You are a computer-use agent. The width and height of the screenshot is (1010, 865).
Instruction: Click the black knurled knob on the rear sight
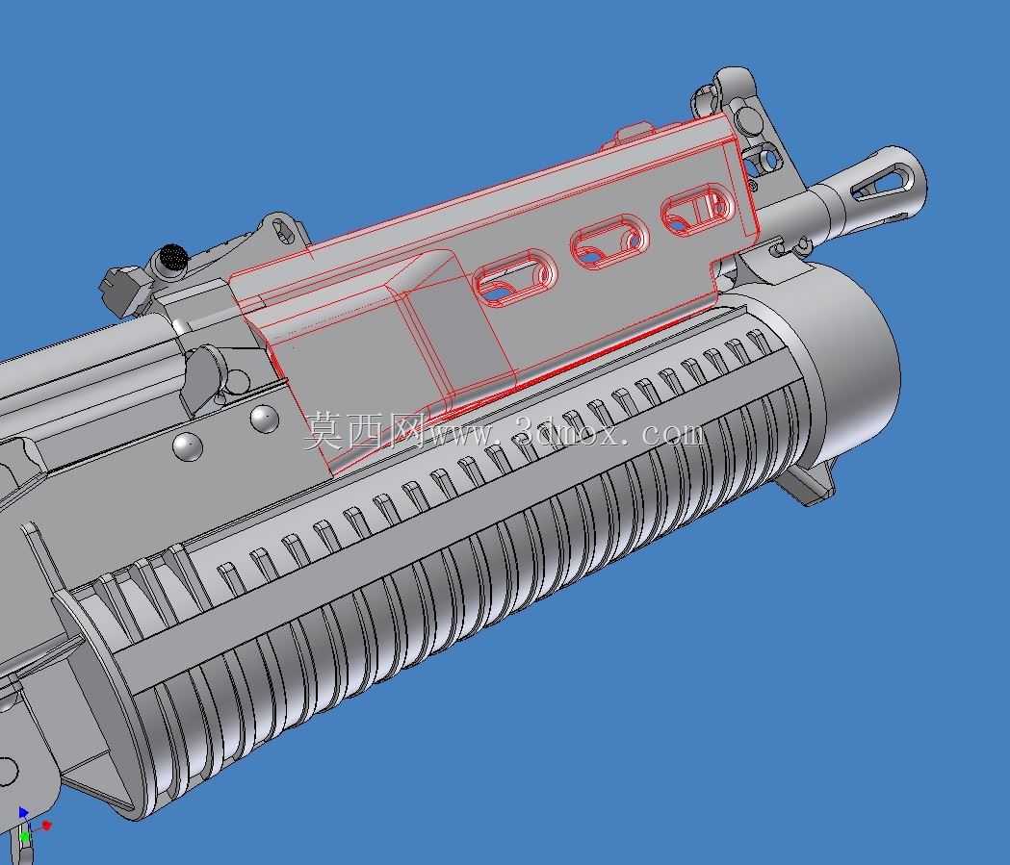[x=172, y=258]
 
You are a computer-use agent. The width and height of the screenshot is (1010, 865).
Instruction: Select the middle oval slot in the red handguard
[x=609, y=242]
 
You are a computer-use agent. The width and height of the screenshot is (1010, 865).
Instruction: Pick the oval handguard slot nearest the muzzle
[x=698, y=209]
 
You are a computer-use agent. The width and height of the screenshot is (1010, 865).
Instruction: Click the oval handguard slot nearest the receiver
[x=515, y=278]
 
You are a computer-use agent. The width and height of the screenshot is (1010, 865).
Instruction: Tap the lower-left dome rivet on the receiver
[x=188, y=446]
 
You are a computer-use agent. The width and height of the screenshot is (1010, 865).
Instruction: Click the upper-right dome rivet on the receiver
[x=264, y=418]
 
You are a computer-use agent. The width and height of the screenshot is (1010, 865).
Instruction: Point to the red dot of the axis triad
[x=46, y=826]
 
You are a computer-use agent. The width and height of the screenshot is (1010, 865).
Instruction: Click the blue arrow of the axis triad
[x=24, y=812]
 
